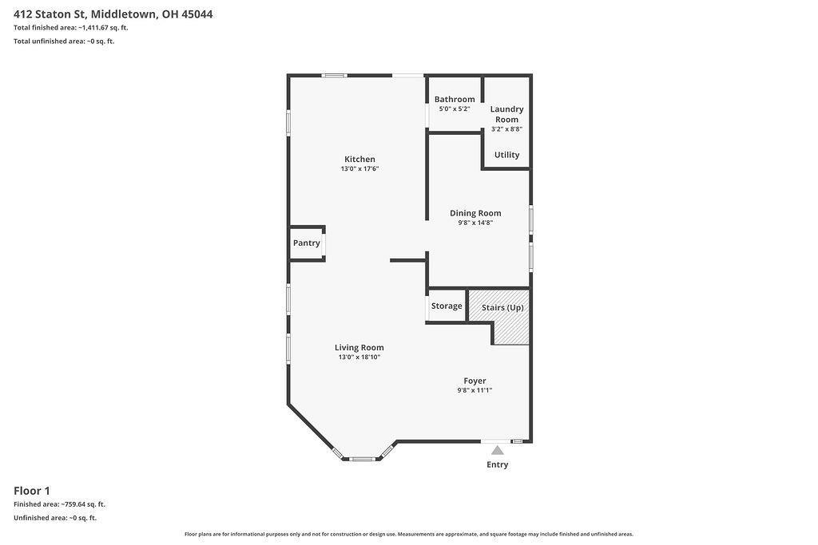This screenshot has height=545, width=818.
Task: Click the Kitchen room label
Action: point(359,159)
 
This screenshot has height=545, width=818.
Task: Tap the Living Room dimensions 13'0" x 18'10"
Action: point(359,357)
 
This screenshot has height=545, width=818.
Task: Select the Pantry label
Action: point(306,243)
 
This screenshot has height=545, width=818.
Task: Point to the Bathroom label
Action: point(455,99)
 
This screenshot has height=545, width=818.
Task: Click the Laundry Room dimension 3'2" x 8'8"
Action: point(506,128)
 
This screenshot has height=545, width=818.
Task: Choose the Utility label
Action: point(506,155)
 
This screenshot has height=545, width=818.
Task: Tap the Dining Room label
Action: point(475,213)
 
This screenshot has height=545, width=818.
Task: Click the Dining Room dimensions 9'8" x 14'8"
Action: point(475,223)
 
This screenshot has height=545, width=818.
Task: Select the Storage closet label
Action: point(447,306)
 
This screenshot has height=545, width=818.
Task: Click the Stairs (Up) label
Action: point(502,307)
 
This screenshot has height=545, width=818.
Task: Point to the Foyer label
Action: point(475,381)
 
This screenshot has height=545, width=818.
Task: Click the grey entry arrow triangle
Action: point(497,450)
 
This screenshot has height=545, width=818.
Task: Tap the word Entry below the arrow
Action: point(497,464)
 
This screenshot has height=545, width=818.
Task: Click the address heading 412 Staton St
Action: point(49,14)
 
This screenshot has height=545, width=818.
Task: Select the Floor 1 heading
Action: point(32,491)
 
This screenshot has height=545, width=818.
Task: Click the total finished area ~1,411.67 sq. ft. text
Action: point(103,28)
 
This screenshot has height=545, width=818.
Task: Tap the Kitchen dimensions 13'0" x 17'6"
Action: point(359,169)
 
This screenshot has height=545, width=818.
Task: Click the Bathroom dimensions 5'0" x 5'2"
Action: point(455,109)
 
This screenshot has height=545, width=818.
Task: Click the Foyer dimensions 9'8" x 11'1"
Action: point(475,390)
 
